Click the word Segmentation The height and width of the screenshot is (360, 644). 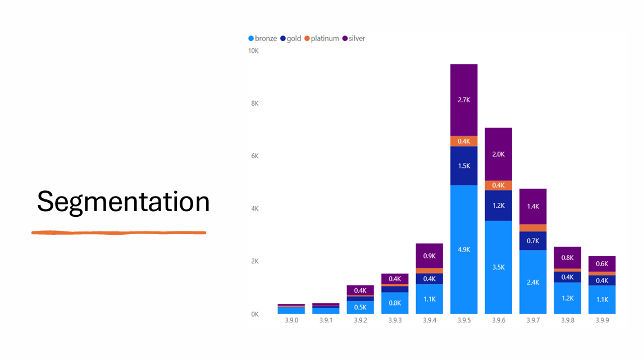pos(123,202)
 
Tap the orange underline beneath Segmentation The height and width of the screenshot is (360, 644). pos(118,232)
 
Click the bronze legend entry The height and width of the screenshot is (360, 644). pos(262,39)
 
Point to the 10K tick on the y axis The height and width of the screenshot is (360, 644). pos(253,51)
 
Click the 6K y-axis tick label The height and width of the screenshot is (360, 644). pos(254,156)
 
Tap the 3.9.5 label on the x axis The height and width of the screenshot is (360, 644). pos(464,320)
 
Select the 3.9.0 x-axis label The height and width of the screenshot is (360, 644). pos(291,320)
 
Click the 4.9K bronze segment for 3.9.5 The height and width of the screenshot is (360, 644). pos(464,249)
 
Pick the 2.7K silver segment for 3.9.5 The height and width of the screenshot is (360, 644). pos(464,100)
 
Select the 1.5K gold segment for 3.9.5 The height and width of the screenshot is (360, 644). pos(464,166)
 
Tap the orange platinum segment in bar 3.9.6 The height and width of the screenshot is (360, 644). pos(499,185)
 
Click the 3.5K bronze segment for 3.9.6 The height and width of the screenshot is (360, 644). pos(499,267)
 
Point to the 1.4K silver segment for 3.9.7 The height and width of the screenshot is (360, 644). pos(533,206)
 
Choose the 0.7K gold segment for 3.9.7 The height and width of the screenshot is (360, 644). pos(533,240)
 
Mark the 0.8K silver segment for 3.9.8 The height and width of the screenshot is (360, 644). pos(567,258)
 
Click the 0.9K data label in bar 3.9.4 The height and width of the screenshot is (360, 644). pos(430,256)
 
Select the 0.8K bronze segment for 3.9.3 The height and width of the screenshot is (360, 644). pos(395,303)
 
